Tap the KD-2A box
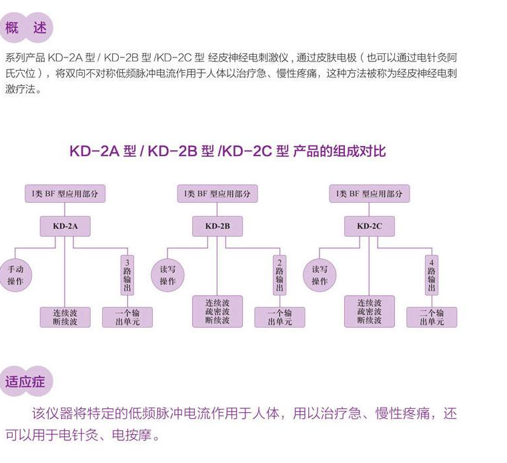65,226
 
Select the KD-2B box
217,226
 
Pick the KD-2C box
369,226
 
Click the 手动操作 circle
15,275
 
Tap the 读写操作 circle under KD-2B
167,275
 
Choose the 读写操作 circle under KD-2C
320,275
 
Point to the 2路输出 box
280,275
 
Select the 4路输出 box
432,275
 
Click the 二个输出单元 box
432,317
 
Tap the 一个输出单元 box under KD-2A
127,317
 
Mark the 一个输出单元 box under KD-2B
280,317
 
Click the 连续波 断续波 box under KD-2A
65,317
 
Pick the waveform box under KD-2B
217,312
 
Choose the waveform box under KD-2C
369,312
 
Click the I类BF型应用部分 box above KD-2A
65,193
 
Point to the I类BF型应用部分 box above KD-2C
369,193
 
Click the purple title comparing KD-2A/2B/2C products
227,151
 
